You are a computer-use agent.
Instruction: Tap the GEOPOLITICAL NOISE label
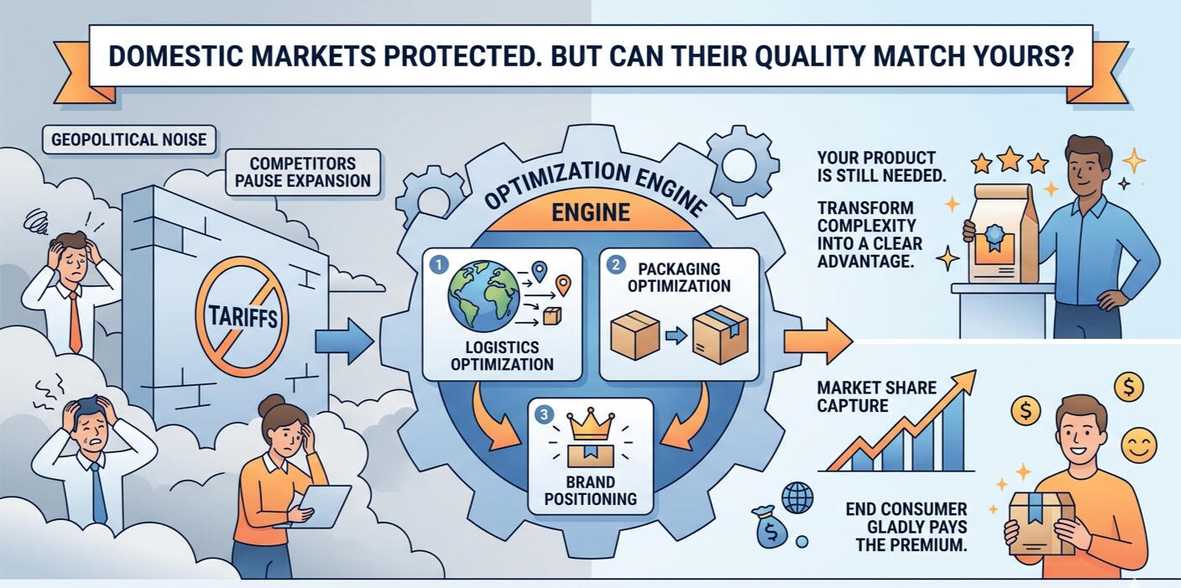coord(128,139)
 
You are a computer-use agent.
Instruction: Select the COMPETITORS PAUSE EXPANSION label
coord(303,172)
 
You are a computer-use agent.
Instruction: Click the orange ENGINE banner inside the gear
coord(590,212)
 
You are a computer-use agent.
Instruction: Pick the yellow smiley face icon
coord(1139,445)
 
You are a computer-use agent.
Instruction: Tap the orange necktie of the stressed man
coord(75,322)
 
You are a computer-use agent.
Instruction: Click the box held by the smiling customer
coord(1040,523)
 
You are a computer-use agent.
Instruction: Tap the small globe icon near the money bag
coord(797,497)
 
